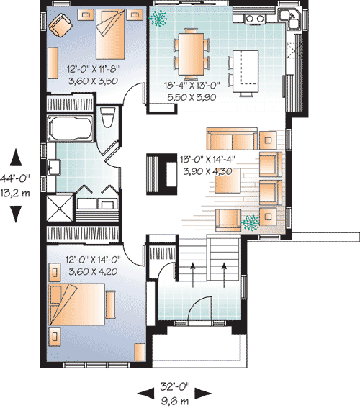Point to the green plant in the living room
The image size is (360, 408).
point(251,222)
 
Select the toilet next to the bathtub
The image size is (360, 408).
point(107,117)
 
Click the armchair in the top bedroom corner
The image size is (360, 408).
point(58,27)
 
